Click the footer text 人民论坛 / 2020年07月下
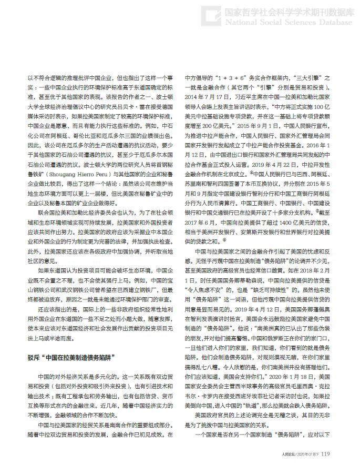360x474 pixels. [x=300, y=454]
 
